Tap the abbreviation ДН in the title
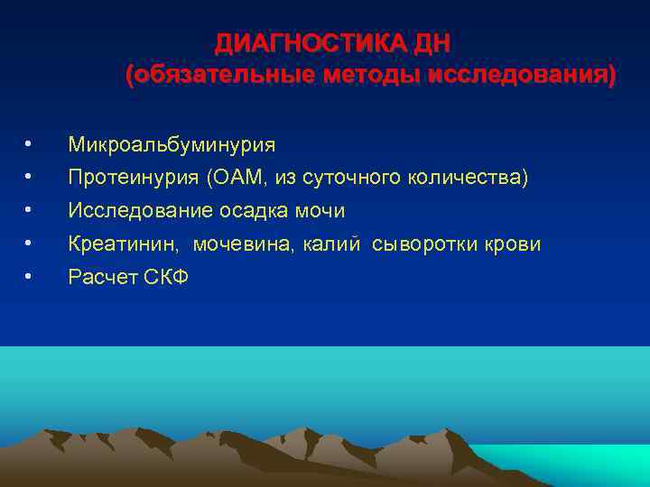(x=431, y=44)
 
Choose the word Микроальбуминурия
(x=172, y=144)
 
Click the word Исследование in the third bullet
(x=141, y=211)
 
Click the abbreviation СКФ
(x=166, y=277)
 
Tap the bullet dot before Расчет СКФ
(x=30, y=277)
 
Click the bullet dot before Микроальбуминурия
(x=30, y=144)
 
